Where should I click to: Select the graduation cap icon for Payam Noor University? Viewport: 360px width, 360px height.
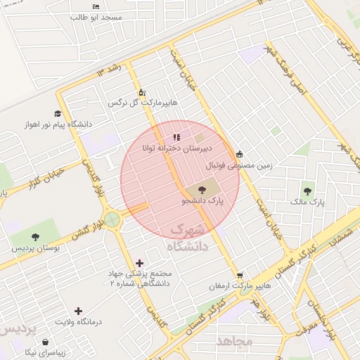(57, 114)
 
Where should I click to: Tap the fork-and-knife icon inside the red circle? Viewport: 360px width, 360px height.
(176, 136)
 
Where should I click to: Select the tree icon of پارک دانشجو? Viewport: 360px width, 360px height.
(202, 189)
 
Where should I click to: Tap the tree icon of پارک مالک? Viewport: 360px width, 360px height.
(308, 191)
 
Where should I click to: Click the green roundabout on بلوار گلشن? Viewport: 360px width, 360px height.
(112, 220)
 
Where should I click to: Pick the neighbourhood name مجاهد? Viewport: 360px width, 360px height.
(235, 341)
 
